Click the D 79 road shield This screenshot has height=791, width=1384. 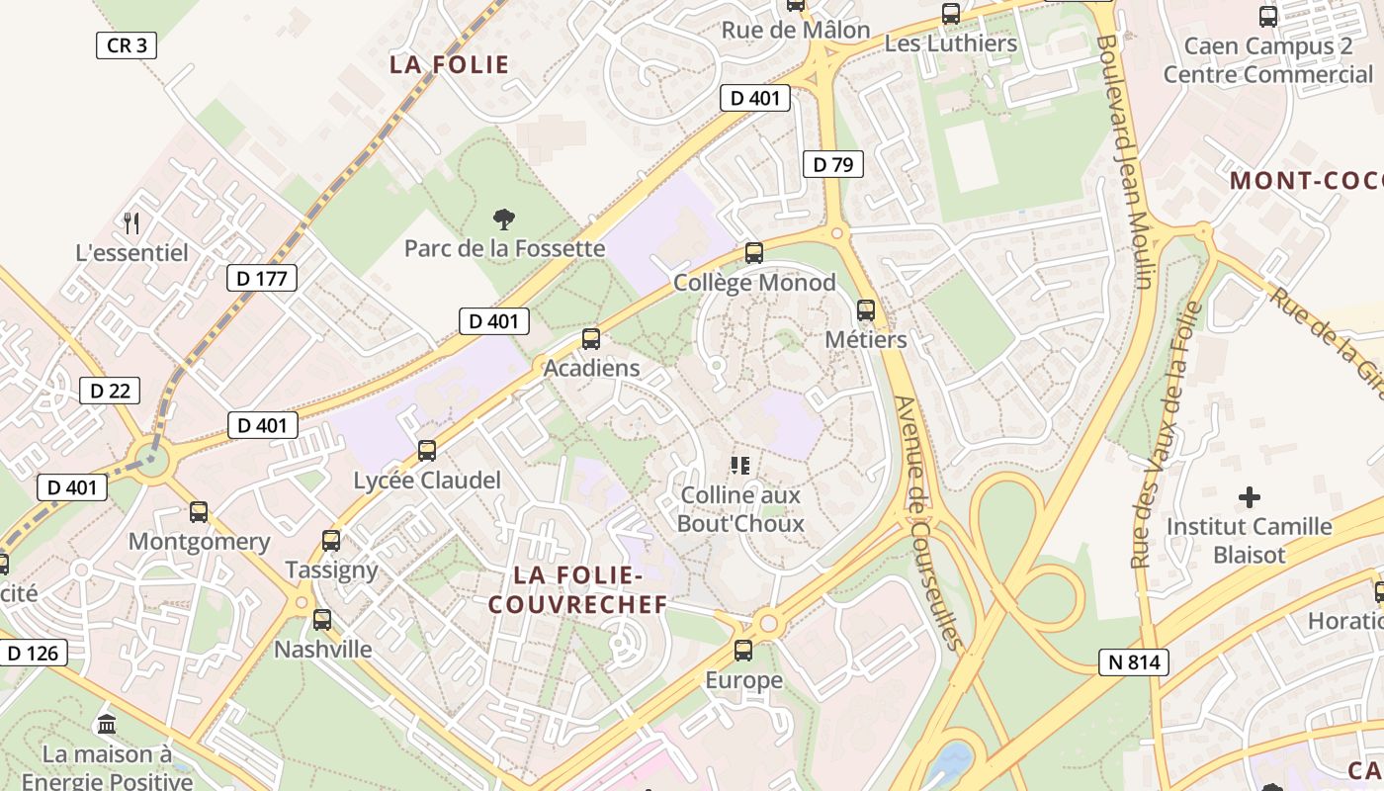click(833, 164)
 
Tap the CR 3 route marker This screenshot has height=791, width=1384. click(127, 45)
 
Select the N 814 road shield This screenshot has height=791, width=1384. click(1133, 662)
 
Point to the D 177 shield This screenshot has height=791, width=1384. click(262, 279)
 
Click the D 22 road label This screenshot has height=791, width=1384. click(110, 391)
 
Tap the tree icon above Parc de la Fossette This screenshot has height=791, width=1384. click(504, 220)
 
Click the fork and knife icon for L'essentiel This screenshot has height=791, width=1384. click(131, 223)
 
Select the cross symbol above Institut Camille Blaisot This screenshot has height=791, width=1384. click(1250, 496)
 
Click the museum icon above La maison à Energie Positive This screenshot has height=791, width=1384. click(107, 725)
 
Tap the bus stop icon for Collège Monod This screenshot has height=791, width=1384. click(754, 253)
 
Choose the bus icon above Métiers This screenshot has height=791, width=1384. click(866, 310)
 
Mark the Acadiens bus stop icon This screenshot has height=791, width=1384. click(591, 339)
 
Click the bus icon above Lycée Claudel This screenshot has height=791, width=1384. click(427, 451)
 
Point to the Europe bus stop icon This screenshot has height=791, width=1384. click(743, 651)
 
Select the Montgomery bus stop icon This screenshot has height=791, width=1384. click(199, 512)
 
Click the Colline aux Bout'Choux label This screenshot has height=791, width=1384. click(740, 508)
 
